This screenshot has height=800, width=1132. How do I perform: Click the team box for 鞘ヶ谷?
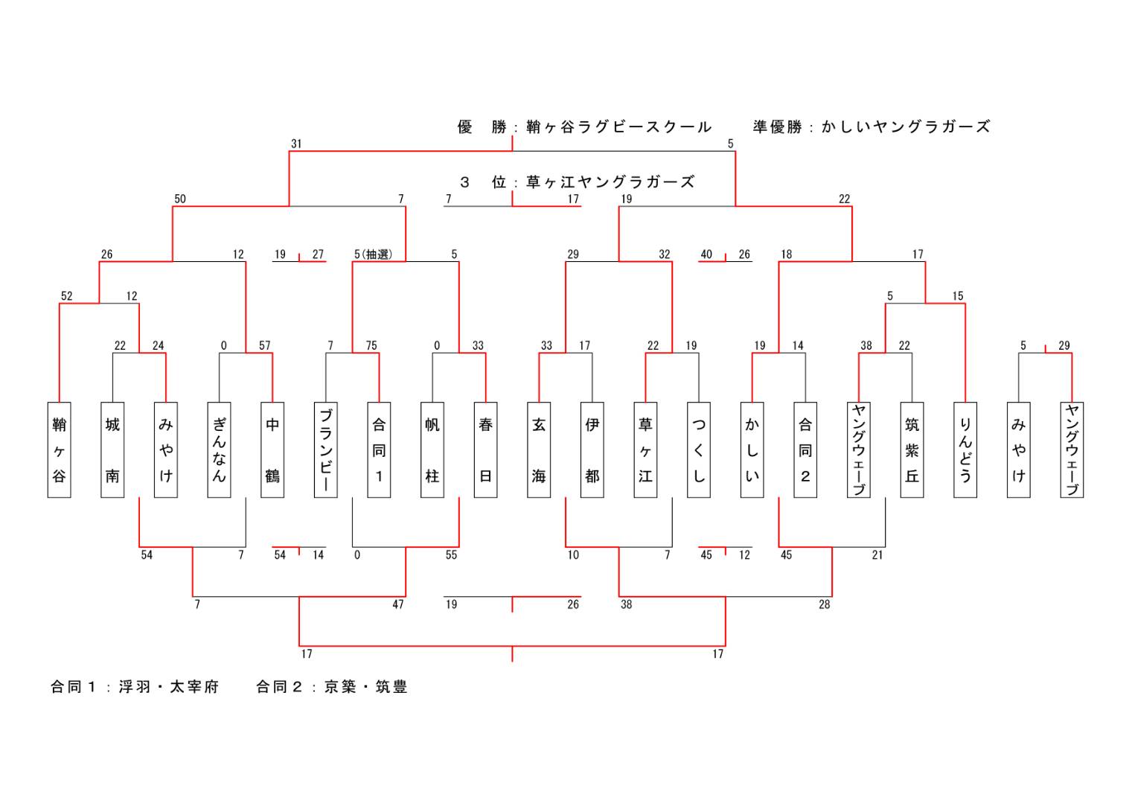pos(59,449)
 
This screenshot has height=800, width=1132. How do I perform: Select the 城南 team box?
pos(112,449)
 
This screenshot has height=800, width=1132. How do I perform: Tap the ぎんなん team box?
pos(219,449)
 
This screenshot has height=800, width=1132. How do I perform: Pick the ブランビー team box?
pos(325,449)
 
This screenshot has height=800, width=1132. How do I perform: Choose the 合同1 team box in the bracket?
pos(379,449)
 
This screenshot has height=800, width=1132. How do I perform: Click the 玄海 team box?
pos(539,449)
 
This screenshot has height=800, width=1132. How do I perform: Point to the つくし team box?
pos(699,449)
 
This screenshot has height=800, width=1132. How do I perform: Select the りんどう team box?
pos(965,449)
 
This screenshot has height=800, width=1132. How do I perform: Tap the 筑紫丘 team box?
pos(912,449)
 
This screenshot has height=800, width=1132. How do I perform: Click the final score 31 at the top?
pos(296,144)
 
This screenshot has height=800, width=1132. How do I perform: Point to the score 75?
pos(371,345)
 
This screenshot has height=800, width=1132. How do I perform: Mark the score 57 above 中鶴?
pos(265,345)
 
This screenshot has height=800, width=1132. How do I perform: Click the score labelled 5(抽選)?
pos(373,255)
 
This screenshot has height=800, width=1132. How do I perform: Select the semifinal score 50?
pos(180,199)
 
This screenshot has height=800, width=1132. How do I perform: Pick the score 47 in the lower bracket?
pos(398,604)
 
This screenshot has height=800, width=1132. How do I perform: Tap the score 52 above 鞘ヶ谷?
pos(67,295)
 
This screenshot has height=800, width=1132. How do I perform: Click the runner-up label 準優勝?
pos(777,127)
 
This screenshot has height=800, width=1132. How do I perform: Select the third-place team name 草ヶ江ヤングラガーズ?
pos(610,182)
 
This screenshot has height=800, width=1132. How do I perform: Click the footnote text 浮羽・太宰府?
pos(169,687)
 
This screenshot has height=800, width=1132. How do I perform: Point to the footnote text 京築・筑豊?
pos(366,687)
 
